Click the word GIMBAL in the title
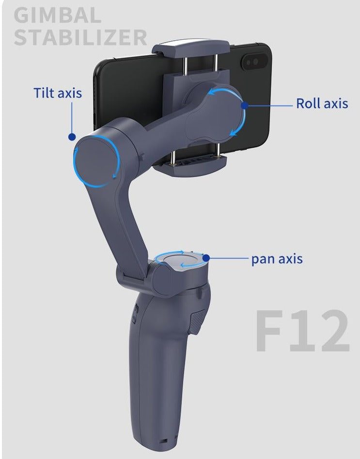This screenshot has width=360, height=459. coord(57,15)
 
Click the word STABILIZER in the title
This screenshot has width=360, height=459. coord(80,37)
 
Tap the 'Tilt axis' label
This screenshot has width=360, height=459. coord(58,93)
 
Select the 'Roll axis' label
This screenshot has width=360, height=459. coord(322,103)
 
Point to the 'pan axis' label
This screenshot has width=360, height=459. coord(277,258)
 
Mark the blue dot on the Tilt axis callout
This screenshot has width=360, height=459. coord(72,137)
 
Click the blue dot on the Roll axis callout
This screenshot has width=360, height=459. coord(245,105)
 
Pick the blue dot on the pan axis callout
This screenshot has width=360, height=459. coord(206,258)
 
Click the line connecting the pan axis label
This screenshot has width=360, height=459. coord(228,258)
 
